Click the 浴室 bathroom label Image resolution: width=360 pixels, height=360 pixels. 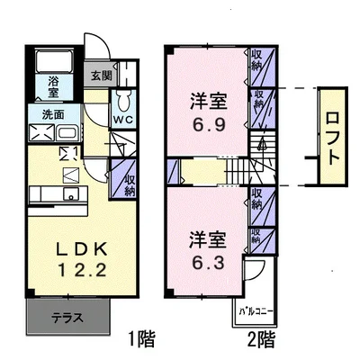(x=53, y=86)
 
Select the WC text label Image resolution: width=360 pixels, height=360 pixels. (x=122, y=120)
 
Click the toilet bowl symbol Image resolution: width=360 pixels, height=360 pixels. (x=122, y=101)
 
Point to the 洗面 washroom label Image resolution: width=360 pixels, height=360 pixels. (x=53, y=114)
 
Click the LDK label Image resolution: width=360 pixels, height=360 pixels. (x=82, y=249)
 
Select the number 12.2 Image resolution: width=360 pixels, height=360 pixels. (x=82, y=270)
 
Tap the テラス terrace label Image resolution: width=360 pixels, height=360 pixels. (x=67, y=318)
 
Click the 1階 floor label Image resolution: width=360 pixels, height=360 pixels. (x=141, y=338)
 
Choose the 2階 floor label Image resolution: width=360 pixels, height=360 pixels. (x=261, y=338)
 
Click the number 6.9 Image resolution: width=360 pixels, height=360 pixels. (x=209, y=124)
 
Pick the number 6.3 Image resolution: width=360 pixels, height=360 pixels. (x=208, y=263)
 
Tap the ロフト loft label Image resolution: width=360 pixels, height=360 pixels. (x=332, y=139)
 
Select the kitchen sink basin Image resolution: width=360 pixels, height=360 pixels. (x=71, y=193)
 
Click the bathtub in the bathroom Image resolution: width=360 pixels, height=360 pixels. (x=54, y=61)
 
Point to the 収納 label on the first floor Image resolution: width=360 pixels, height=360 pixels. (x=130, y=186)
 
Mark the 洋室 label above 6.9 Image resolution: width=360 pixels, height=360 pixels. (x=208, y=101)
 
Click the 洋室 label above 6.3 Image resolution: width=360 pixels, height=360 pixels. (x=208, y=239)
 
